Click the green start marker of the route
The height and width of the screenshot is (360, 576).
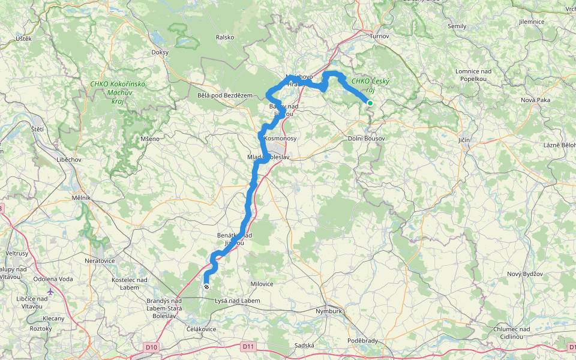[370, 103]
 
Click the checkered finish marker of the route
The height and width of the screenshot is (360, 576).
[206, 287]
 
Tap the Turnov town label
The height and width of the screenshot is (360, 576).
[379, 36]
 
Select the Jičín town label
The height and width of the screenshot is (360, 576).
[464, 140]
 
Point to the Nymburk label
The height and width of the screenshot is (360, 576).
[328, 311]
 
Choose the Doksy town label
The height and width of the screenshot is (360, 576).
[160, 52]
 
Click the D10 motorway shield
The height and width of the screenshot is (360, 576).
[151, 347]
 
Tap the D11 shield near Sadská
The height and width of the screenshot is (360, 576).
[248, 346]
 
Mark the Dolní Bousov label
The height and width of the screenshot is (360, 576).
[367, 138]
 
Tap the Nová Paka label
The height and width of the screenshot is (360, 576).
[535, 100]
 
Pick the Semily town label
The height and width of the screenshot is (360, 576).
[457, 26]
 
